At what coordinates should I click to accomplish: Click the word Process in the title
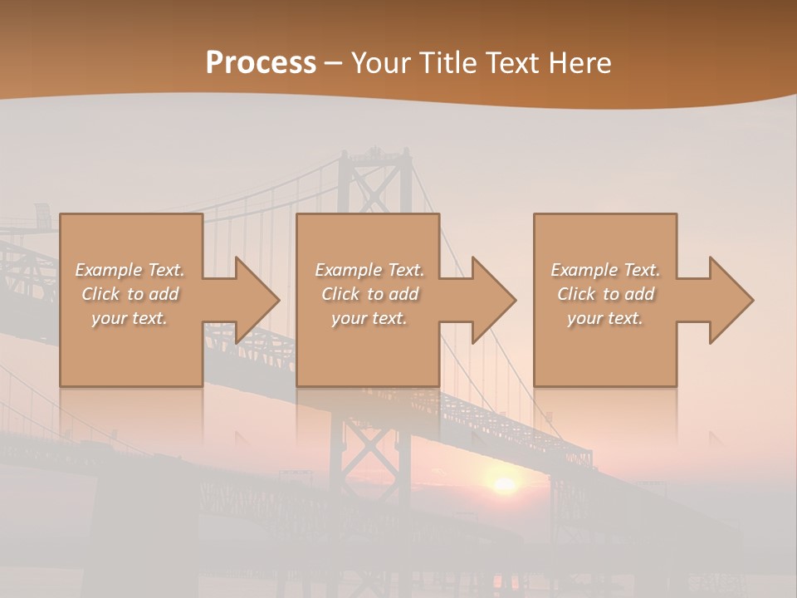[x=261, y=63]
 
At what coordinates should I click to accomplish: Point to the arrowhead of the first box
[x=257, y=300]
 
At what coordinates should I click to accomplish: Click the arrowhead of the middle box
[x=494, y=300]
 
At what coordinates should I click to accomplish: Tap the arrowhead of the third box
[x=731, y=300]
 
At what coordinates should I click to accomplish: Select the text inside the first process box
[x=130, y=294]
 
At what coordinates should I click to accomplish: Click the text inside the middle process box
[x=369, y=294]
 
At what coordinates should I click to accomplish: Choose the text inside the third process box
[x=605, y=294]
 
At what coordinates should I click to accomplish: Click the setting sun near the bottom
[x=503, y=484]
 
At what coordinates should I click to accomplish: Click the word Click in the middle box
[x=340, y=294]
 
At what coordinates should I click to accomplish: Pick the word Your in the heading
[x=379, y=63]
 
